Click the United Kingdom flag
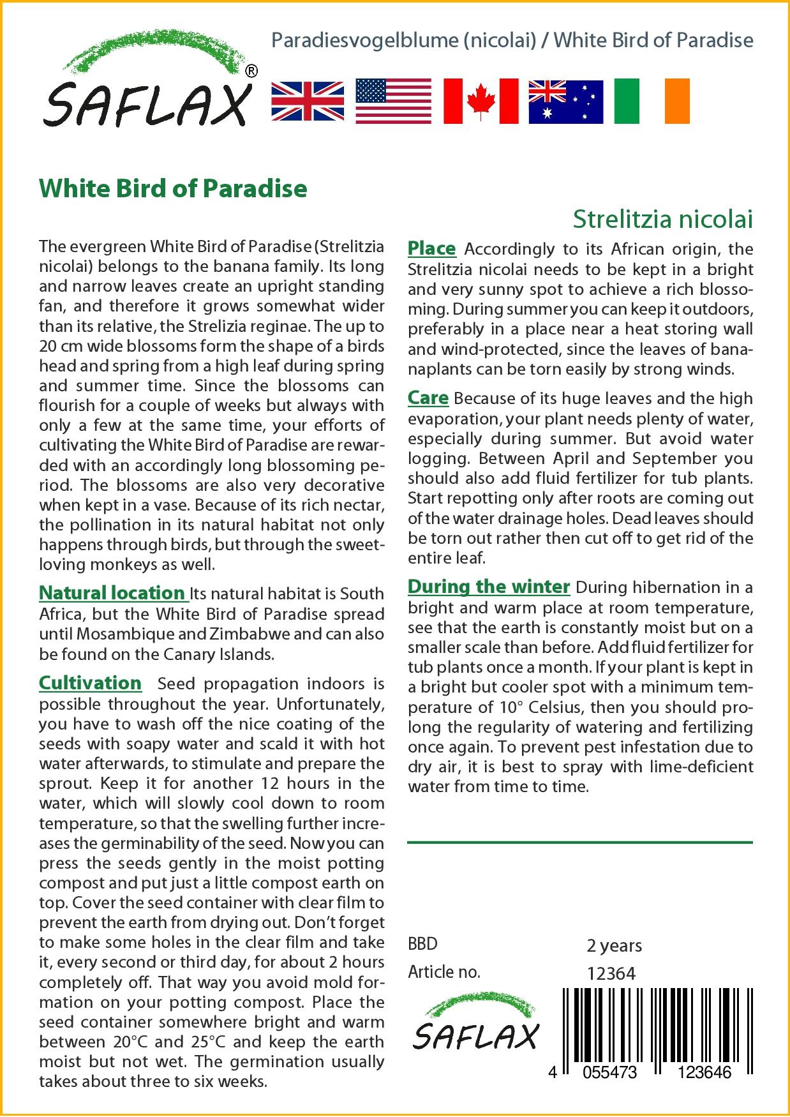click(x=308, y=101)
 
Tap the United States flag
click(x=393, y=101)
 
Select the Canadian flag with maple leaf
click(x=481, y=101)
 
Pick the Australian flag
click(x=565, y=101)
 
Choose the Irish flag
click(x=652, y=101)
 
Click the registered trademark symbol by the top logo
click(x=251, y=71)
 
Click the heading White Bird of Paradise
click(x=173, y=188)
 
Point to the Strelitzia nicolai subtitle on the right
click(x=662, y=219)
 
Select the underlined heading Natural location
click(x=112, y=593)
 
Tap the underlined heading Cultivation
click(x=90, y=683)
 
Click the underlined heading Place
click(x=431, y=248)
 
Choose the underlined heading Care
click(x=428, y=398)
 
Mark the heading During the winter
click(x=488, y=586)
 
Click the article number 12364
click(x=611, y=973)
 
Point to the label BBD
click(x=422, y=943)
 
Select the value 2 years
click(x=614, y=945)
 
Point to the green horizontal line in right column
click(x=579, y=843)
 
